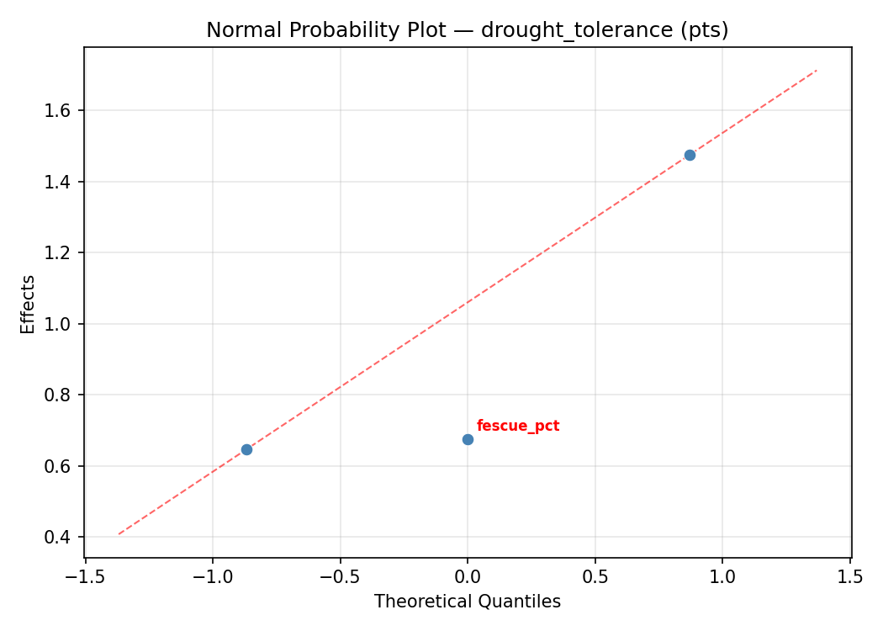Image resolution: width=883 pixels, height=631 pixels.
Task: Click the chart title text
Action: coord(467,30)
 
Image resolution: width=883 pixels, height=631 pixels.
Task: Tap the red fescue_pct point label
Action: coord(518,426)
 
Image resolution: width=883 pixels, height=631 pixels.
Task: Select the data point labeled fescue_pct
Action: coord(468,439)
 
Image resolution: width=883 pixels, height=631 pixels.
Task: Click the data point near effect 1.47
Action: coord(690,155)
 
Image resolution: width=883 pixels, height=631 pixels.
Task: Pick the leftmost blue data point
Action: coord(246,449)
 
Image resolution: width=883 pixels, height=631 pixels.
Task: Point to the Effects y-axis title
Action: coord(29,304)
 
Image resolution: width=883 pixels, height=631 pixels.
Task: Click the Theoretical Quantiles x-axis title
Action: coord(467,602)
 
